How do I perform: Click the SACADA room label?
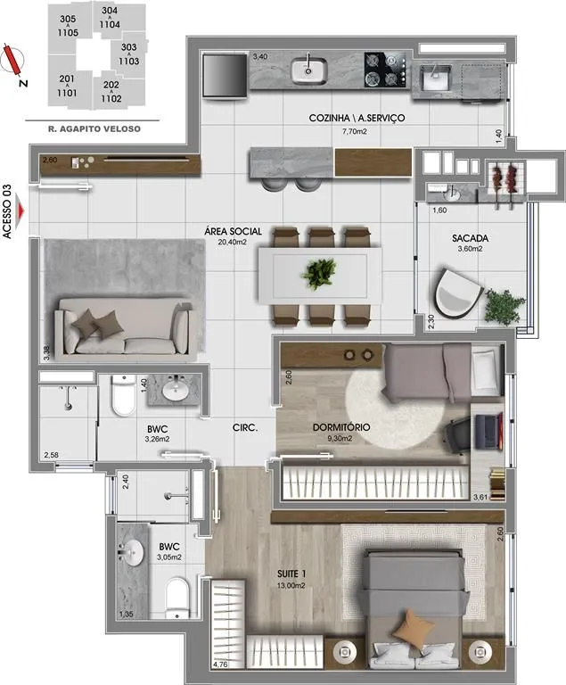pyautogui.click(x=470, y=238)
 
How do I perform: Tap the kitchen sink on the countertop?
pyautogui.click(x=309, y=70)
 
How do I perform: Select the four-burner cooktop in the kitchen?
pyautogui.click(x=388, y=70)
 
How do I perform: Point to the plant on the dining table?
pyautogui.click(x=319, y=274)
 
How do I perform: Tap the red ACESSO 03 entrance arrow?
pyautogui.click(x=21, y=211)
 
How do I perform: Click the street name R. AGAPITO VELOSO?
pyautogui.click(x=94, y=128)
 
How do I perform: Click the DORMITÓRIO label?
pyautogui.click(x=341, y=427)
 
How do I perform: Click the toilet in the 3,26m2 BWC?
pyautogui.click(x=124, y=395)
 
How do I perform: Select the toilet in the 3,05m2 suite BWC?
pyautogui.click(x=177, y=598)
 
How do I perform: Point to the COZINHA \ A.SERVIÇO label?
pyautogui.click(x=357, y=118)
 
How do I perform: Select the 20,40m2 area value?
pyautogui.click(x=233, y=242)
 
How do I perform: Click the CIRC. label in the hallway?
pyautogui.click(x=245, y=428)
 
